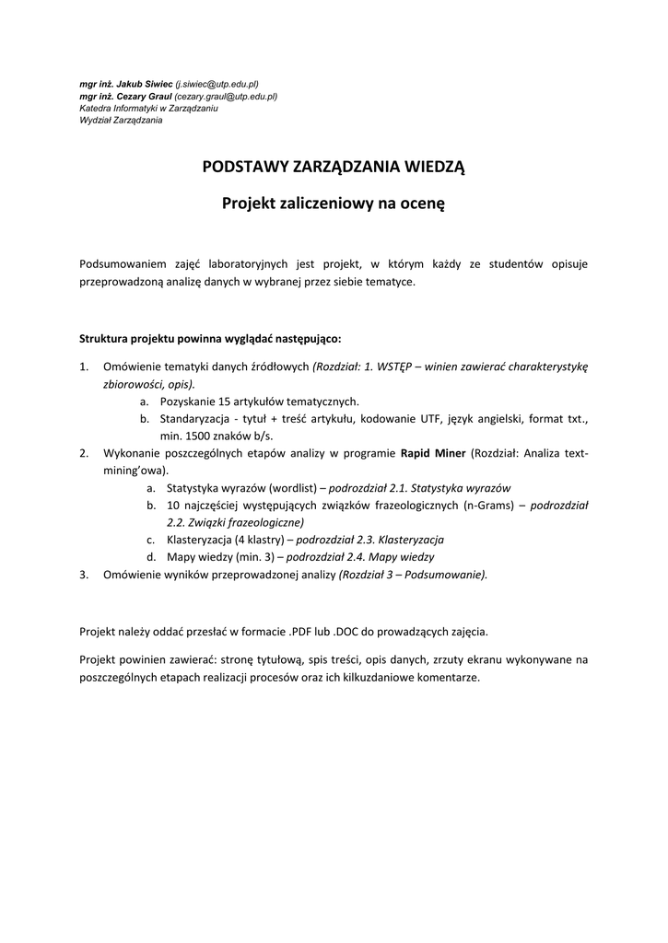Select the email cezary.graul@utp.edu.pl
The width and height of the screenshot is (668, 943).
226,96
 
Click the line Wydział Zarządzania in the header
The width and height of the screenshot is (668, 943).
121,120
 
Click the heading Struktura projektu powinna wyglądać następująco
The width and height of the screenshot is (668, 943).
210,338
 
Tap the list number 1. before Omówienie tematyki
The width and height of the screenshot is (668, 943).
84,367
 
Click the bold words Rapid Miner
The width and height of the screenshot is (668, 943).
432,453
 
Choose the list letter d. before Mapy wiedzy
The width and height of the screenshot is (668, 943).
150,557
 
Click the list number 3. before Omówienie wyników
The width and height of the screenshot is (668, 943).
84,575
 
